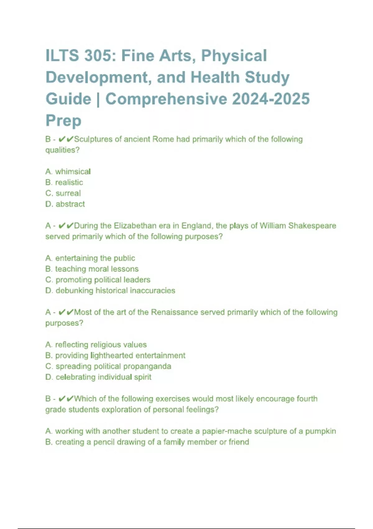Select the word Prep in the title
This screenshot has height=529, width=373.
pyautogui.click(x=63, y=120)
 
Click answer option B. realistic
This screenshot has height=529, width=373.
pyautogui.click(x=64, y=182)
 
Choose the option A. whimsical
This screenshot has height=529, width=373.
pyautogui.click(x=68, y=171)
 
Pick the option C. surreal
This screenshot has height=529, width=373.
pyautogui.click(x=63, y=193)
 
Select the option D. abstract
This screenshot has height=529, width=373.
pyautogui.click(x=65, y=204)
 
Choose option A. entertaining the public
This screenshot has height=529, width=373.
pyautogui.click(x=90, y=258)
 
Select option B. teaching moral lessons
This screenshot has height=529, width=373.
pyautogui.click(x=92, y=269)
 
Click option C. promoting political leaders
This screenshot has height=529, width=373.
pyautogui.click(x=98, y=280)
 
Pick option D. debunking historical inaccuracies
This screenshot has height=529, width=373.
pyautogui.click(x=110, y=291)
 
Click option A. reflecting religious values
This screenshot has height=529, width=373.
pyautogui.click(x=96, y=345)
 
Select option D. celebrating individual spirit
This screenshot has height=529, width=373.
pyautogui.click(x=99, y=377)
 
